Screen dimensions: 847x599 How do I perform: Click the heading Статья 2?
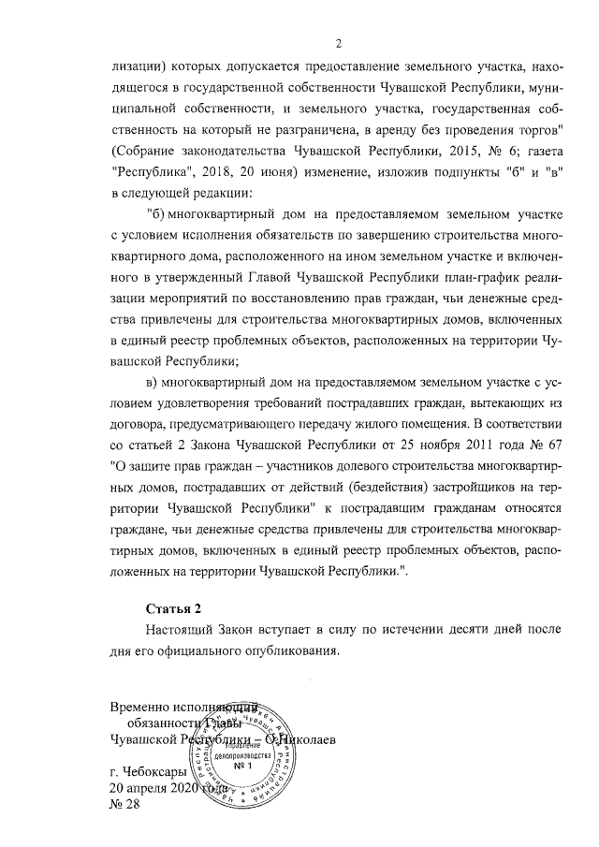pyautogui.click(x=174, y=609)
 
